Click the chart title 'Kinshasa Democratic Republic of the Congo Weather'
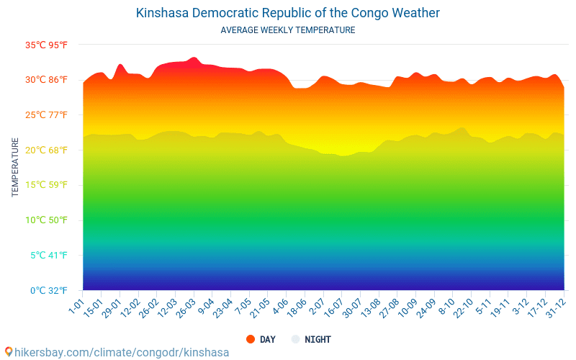pyautogui.click(x=288, y=13)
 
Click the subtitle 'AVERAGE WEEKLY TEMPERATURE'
pyautogui.click(x=288, y=30)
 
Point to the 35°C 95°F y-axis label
pyautogui.click(x=47, y=45)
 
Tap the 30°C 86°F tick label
pyautogui.click(x=47, y=80)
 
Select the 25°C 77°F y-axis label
pyautogui.click(x=47, y=115)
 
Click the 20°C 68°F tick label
pyautogui.click(x=47, y=150)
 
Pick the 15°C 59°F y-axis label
pyautogui.click(x=47, y=185)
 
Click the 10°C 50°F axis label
pyautogui.click(x=47, y=220)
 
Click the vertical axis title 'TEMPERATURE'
pyautogui.click(x=15, y=167)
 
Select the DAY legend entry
pyautogui.click(x=260, y=339)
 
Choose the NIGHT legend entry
pyautogui.click(x=310, y=339)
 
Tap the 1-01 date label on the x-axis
pyautogui.click(x=76, y=306)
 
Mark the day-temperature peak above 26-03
pyautogui.click(x=193, y=58)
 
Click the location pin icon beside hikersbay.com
pyautogui.click(x=9, y=352)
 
